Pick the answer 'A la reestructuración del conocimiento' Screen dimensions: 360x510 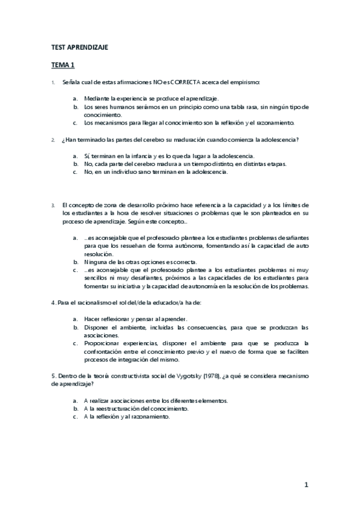click(136, 408)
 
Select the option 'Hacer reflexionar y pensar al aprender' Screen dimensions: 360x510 click(135, 319)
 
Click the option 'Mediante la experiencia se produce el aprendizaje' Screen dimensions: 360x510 click(151, 98)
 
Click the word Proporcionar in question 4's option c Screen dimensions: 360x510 click(103, 343)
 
